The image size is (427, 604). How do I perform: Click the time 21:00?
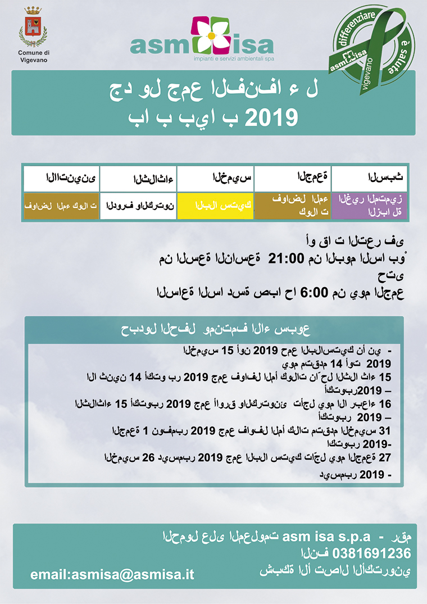pos(288,258)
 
